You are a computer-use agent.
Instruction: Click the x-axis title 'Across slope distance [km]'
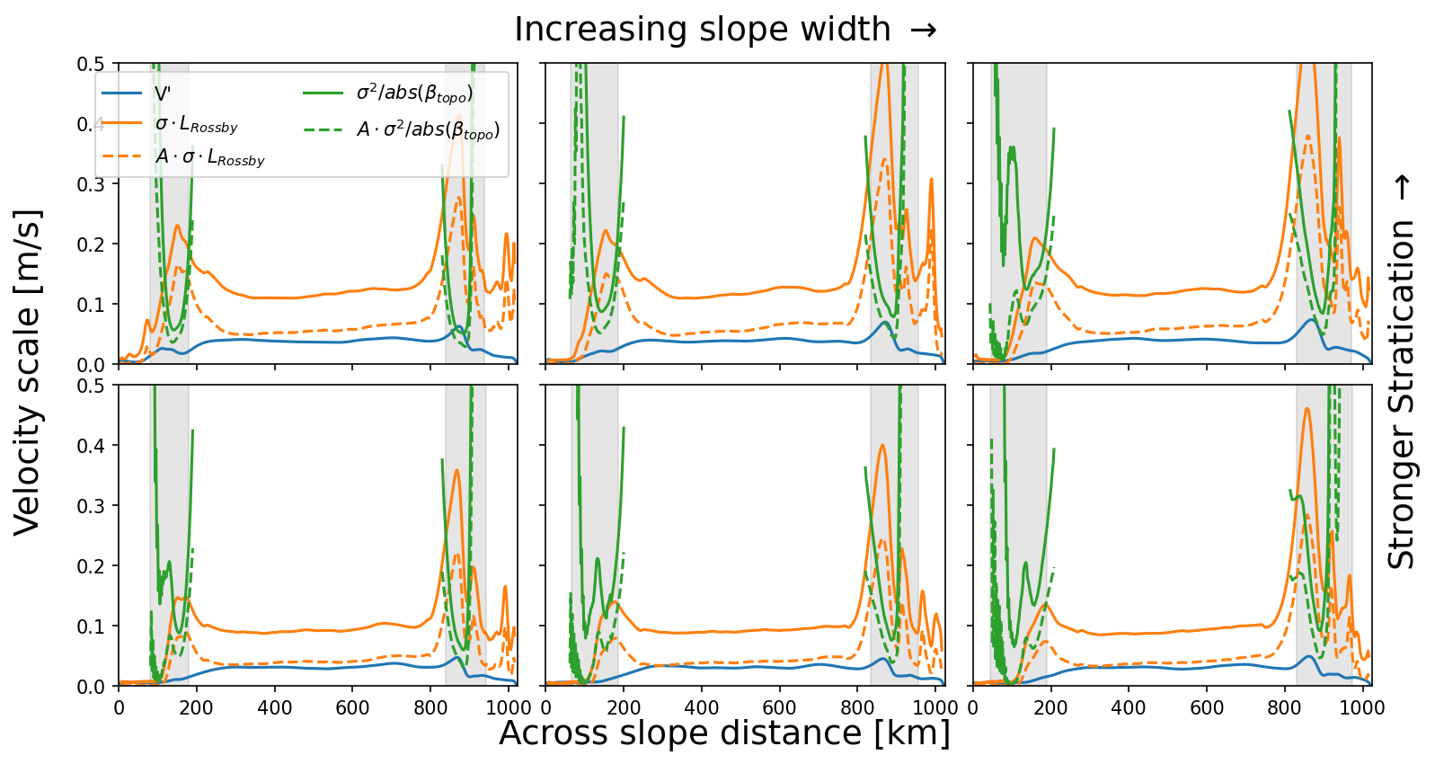click(724, 733)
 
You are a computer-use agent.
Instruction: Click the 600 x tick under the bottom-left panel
click(352, 708)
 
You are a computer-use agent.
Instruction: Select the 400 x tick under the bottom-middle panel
click(702, 708)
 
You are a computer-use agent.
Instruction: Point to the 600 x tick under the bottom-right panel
click(1207, 708)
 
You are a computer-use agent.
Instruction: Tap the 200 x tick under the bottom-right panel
click(1050, 708)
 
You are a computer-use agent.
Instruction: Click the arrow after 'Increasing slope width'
click(923, 30)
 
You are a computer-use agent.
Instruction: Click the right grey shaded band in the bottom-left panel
click(465, 535)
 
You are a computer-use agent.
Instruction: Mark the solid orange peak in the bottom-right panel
click(1307, 409)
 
